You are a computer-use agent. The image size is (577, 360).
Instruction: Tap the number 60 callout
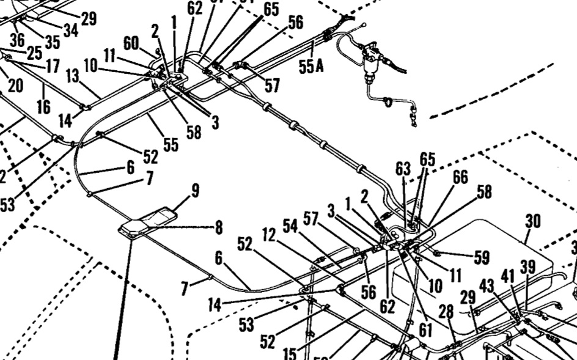(131, 43)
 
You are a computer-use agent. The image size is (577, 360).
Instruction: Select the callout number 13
(73, 76)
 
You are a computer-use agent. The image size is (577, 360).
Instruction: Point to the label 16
(43, 106)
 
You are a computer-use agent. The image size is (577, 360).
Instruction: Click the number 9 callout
(194, 191)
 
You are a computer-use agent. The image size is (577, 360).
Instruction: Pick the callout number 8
(218, 228)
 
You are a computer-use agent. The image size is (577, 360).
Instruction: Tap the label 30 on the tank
(533, 221)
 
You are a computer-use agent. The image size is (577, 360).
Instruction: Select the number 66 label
(460, 177)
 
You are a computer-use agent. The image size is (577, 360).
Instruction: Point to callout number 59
(482, 258)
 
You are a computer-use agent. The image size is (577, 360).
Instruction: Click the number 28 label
(446, 312)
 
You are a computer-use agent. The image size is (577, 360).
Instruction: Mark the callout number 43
(487, 285)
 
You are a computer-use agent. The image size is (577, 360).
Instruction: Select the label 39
(527, 267)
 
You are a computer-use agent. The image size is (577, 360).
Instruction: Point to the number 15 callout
(290, 354)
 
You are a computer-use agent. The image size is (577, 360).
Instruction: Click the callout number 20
(15, 86)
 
